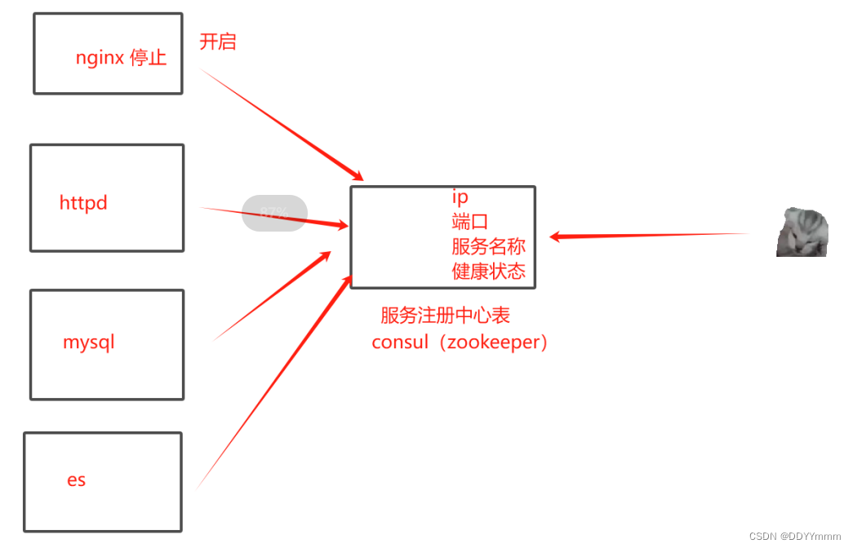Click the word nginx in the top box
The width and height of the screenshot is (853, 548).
[x=100, y=59]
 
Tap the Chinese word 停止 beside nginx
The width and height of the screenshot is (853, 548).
[x=148, y=58]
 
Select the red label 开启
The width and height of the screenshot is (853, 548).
[x=218, y=42]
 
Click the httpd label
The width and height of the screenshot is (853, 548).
[x=83, y=203]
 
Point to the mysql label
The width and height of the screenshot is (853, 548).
[x=89, y=342]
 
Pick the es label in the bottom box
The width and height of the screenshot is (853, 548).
[x=77, y=479]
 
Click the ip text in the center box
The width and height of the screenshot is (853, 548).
[x=460, y=197]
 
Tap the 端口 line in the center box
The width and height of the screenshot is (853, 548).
[x=470, y=221]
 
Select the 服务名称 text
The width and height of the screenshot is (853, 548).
[x=488, y=246]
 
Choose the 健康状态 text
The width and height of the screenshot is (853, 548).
[x=488, y=272]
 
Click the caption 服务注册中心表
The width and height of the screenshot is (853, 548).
[x=446, y=316]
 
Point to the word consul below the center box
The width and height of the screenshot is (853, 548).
[x=400, y=342]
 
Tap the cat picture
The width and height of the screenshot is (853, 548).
[x=802, y=232]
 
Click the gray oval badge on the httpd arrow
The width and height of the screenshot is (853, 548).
[x=275, y=214]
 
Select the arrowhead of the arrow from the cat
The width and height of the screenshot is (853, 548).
[x=556, y=236]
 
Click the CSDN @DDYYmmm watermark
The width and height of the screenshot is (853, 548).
[x=794, y=536]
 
